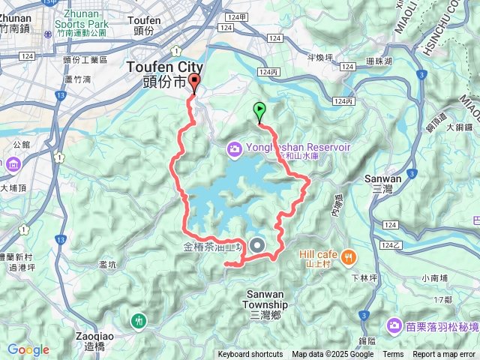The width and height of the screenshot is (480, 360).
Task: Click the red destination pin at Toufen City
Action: coord(195,83)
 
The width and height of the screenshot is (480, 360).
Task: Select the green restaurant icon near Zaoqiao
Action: coord(138,320)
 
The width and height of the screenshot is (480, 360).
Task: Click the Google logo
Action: coord(28,349)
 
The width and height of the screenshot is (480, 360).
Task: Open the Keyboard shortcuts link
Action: coord(250,354)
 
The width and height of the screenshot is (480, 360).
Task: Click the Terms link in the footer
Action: coord(393,354)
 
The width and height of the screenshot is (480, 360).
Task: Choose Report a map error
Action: coord(444,354)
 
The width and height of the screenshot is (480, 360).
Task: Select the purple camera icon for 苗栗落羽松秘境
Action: coord(394,325)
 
